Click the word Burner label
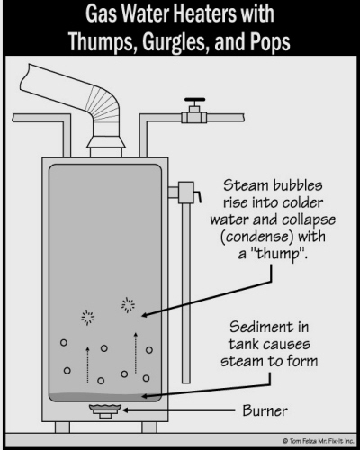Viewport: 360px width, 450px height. pyautogui.click(x=265, y=410)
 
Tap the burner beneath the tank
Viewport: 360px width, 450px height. pyautogui.click(x=105, y=410)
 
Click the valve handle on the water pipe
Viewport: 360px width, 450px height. pyautogui.click(x=194, y=100)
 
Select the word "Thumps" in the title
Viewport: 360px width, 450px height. pyautogui.click(x=101, y=41)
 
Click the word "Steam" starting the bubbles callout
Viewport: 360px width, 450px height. pyautogui.click(x=240, y=185)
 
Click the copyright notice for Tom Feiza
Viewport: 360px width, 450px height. pyautogui.click(x=318, y=441)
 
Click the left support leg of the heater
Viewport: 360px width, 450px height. pyautogui.click(x=62, y=427)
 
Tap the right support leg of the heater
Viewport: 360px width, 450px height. pyautogui.click(x=149, y=427)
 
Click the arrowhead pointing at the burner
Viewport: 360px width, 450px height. pyautogui.click(x=126, y=409)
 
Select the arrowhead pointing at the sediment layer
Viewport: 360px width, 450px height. pyautogui.click(x=145, y=396)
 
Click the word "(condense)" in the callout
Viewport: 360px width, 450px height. pyautogui.click(x=256, y=237)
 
